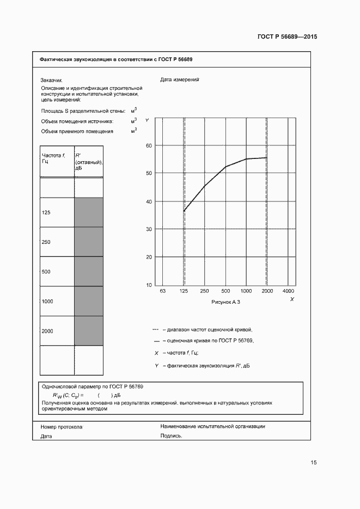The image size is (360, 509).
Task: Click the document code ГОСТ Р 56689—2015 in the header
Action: (x=287, y=37)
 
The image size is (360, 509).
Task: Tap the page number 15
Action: (x=314, y=463)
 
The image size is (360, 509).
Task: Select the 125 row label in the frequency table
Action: (x=46, y=212)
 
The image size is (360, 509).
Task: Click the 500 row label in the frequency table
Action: (x=46, y=271)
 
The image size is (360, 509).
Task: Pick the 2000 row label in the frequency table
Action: (x=47, y=330)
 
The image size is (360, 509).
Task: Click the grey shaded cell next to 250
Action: (x=88, y=242)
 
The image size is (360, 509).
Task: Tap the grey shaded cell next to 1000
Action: (x=88, y=301)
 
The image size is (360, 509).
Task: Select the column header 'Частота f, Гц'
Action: (x=53, y=158)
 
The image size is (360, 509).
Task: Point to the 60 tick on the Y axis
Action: (x=148, y=145)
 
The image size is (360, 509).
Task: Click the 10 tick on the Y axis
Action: (x=148, y=285)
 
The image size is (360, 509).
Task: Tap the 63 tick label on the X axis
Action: (x=162, y=292)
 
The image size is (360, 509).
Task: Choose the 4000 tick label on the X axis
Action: (x=289, y=292)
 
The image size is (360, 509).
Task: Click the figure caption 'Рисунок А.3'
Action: (x=225, y=302)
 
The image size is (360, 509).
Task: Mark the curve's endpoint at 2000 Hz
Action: (x=266, y=158)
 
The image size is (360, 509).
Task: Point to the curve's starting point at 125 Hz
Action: (x=184, y=211)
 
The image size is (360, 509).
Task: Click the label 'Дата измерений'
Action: (x=180, y=79)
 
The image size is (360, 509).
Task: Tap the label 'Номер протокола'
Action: (x=61, y=427)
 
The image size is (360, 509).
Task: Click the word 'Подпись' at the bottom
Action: (x=171, y=436)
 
